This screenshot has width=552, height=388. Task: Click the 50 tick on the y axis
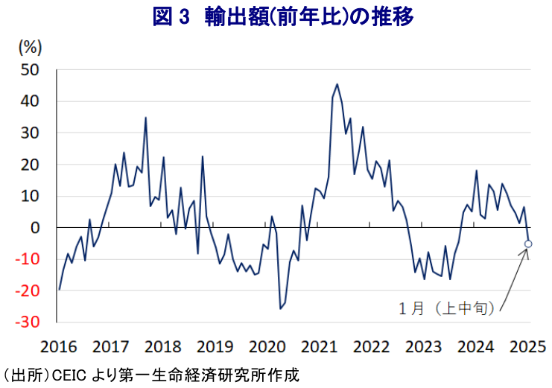pos(31,70)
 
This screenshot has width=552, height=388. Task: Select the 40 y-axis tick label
pos(31,101)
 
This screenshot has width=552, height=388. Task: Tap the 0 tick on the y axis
pos(35,228)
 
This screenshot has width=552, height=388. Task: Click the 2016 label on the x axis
pos(58,346)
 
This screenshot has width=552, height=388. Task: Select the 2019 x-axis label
pos(215,346)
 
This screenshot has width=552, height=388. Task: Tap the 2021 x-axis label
pos(319,346)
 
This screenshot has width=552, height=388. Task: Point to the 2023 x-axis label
pos(423,346)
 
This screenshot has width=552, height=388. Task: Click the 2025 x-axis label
pos(527,346)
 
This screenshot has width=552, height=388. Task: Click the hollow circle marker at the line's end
pos(528,244)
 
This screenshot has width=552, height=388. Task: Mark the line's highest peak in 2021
pos(337,84)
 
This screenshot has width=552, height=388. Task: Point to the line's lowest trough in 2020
pos(280,308)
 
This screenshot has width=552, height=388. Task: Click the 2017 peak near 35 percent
pos(145,118)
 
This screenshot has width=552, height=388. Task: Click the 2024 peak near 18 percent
pos(476,171)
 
